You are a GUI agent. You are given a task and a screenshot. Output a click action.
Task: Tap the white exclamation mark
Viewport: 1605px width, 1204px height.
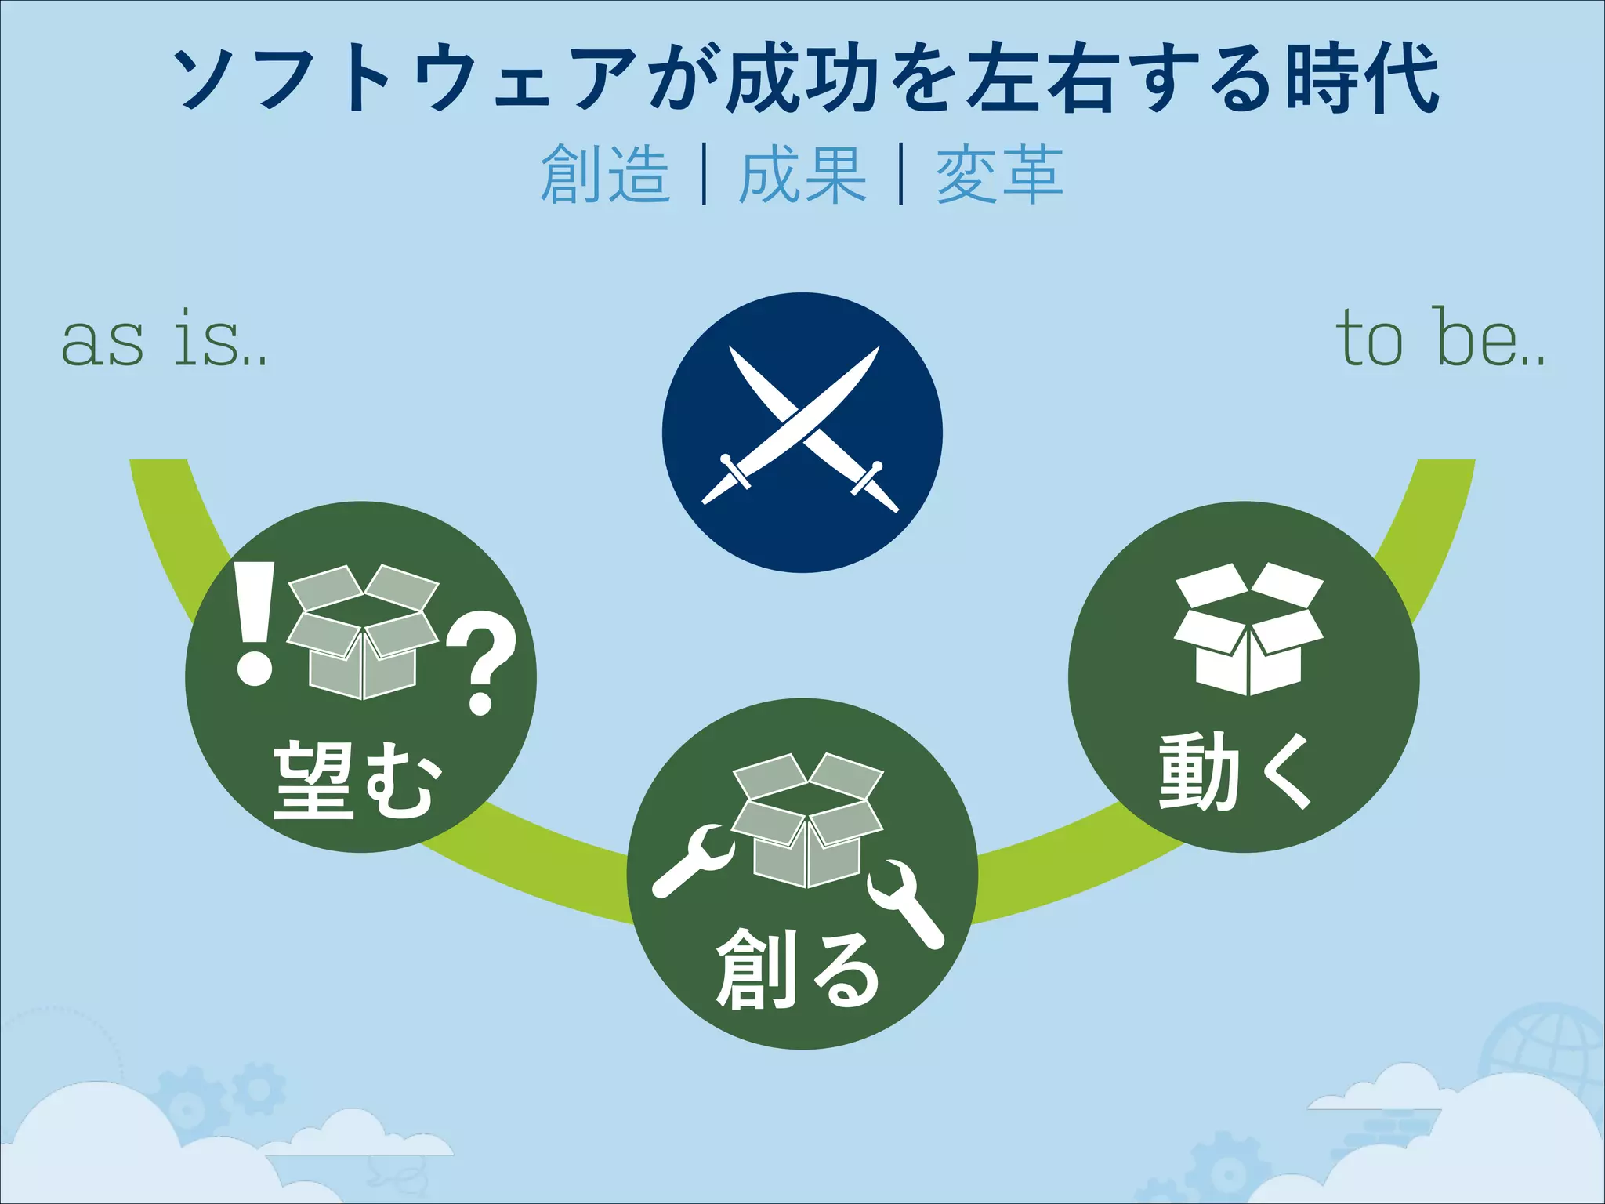coord(255,624)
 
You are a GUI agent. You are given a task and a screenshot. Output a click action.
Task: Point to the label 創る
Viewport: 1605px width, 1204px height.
coord(798,970)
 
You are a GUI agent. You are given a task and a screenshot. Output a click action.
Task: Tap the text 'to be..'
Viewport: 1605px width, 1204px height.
coord(1440,339)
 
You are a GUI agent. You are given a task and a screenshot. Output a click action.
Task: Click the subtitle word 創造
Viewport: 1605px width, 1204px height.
coord(605,174)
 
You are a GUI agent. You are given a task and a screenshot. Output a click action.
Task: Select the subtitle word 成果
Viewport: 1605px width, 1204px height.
coord(802,174)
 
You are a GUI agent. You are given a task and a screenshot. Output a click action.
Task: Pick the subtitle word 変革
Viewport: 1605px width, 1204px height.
coord(1000,174)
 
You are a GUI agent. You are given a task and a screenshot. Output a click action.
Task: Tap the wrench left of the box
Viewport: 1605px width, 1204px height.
coord(692,861)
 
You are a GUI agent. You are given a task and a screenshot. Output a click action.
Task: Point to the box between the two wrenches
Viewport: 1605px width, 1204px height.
coord(807,820)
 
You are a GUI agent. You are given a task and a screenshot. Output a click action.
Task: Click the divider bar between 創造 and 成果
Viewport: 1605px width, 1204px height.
coord(705,174)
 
